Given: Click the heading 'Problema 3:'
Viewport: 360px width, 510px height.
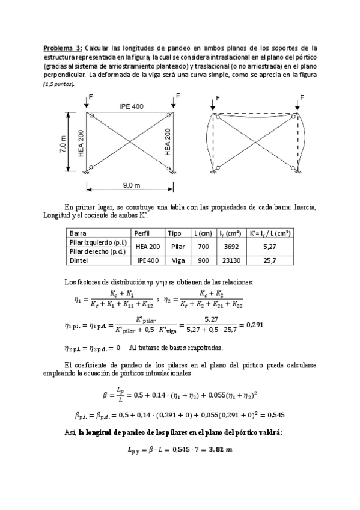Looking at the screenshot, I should (x=63, y=47).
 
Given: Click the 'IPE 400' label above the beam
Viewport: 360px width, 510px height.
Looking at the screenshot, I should (x=131, y=106).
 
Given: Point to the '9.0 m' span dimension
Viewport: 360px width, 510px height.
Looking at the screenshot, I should (x=130, y=185).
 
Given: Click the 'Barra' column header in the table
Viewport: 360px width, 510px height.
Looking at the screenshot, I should (x=78, y=233).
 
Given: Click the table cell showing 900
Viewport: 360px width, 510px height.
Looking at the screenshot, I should (x=200, y=260).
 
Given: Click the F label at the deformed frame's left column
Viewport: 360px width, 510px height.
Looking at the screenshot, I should (x=218, y=97).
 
